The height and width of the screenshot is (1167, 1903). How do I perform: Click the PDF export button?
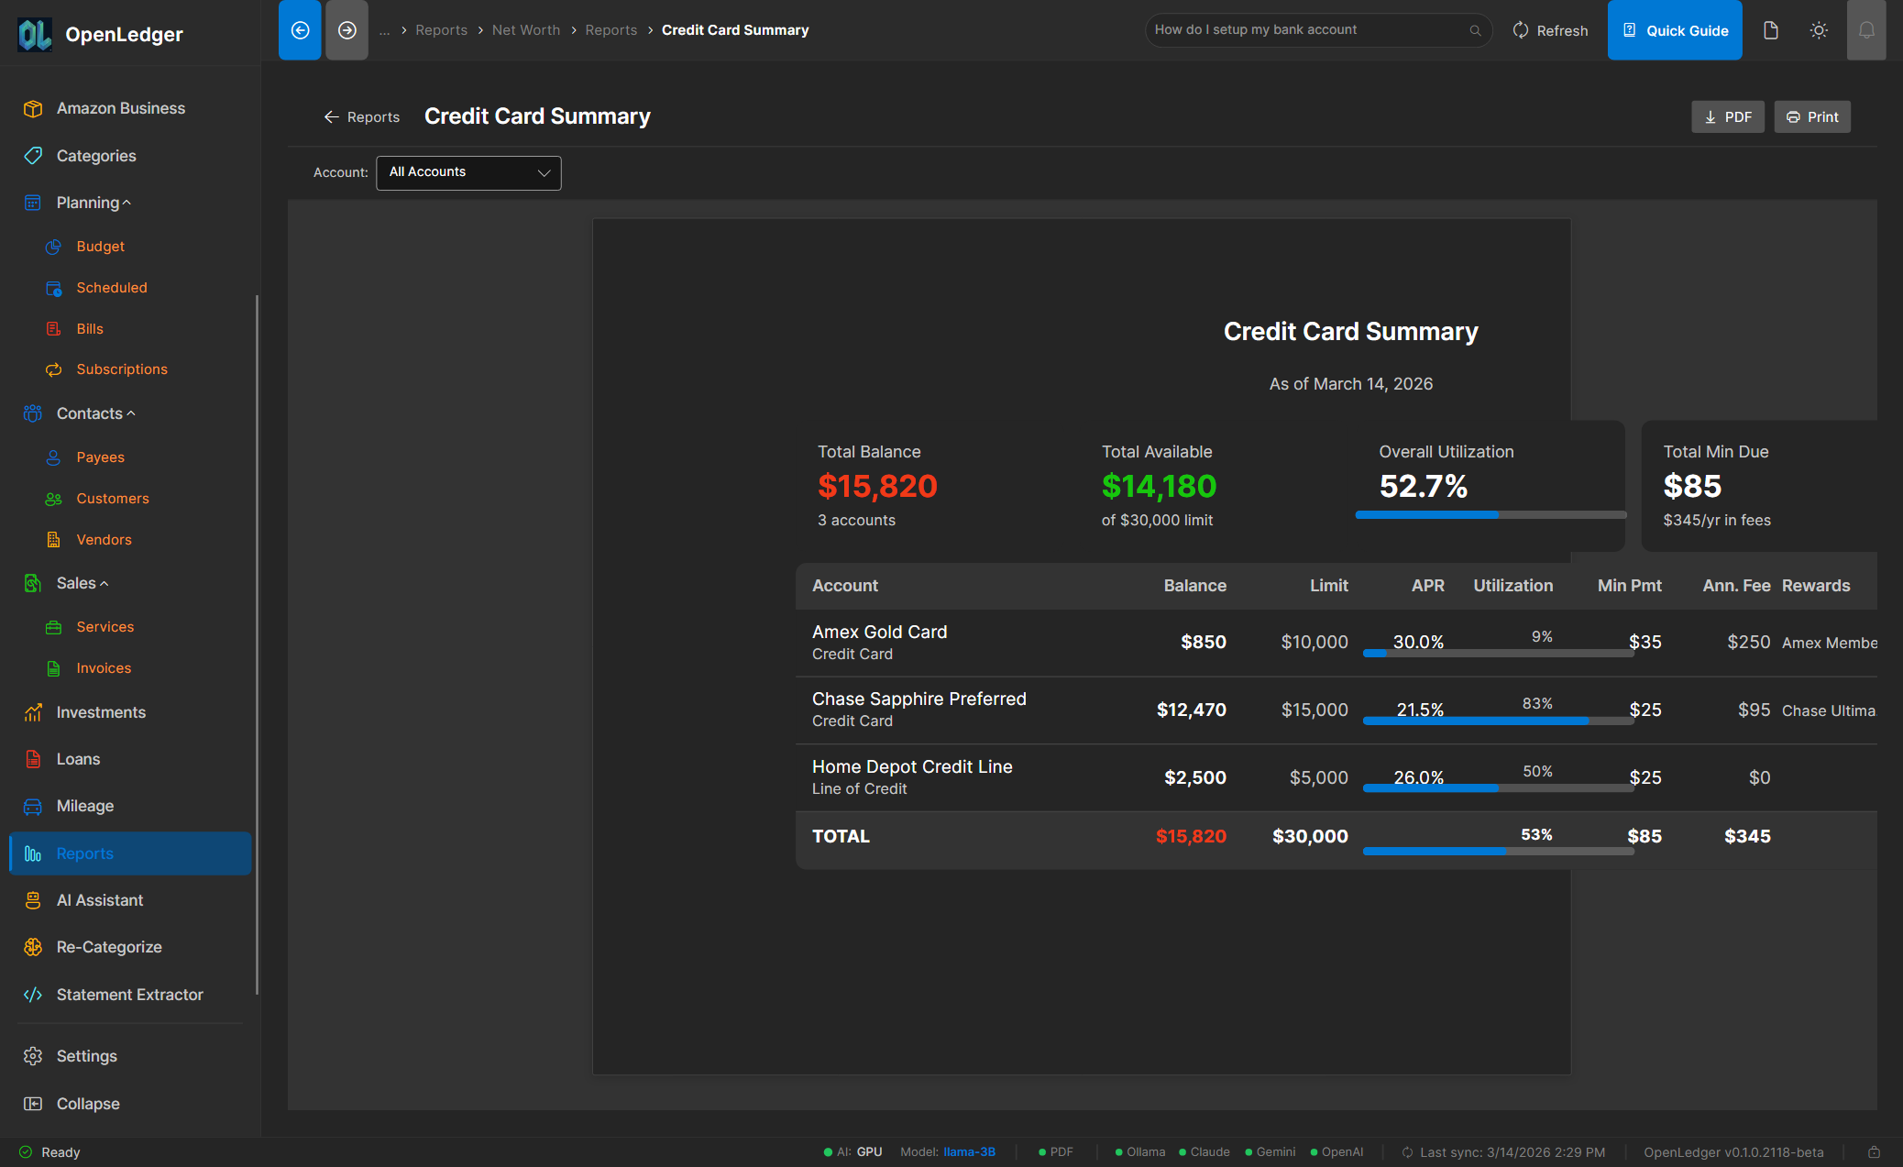pos(1727,117)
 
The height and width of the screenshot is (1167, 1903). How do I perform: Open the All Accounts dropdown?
pos(468,172)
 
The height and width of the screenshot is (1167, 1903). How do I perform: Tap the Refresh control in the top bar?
pos(1550,30)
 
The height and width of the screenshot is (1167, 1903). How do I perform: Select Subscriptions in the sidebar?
pos(121,369)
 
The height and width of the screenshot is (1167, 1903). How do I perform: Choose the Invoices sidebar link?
pos(104,668)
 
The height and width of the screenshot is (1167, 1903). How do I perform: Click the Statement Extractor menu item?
pos(129,995)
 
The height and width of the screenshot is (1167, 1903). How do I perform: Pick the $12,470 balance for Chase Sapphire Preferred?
pos(1191,710)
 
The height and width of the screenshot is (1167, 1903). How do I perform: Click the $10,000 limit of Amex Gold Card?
pos(1314,642)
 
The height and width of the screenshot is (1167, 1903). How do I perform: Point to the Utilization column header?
pos(1512,586)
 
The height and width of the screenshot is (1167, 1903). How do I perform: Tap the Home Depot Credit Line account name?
pos(911,766)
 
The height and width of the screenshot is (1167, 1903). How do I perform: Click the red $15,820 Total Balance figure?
pos(877,486)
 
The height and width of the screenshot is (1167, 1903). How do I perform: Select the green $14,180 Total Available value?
pos(1159,486)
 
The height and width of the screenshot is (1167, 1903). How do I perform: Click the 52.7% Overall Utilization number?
pos(1423,486)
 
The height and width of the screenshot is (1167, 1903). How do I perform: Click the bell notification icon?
pos(1865,30)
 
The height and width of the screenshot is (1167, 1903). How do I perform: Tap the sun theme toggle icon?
pos(1819,30)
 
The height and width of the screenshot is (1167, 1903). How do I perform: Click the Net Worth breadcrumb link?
pos(525,30)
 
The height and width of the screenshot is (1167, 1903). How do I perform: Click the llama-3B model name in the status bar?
pos(969,1152)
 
